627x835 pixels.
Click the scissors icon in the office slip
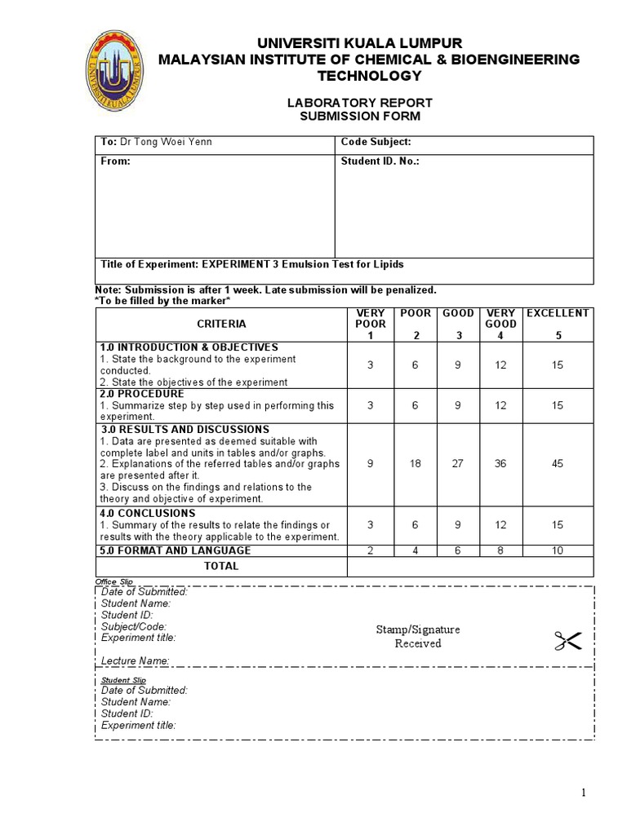point(567,642)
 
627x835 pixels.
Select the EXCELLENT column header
point(557,313)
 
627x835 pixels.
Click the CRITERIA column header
point(220,324)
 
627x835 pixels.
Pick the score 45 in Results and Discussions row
point(557,463)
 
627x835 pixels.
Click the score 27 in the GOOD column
point(457,463)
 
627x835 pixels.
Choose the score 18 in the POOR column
point(414,463)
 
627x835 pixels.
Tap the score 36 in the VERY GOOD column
point(500,463)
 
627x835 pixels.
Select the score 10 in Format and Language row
point(557,550)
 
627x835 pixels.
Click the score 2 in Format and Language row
point(370,550)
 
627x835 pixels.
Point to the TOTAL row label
point(221,566)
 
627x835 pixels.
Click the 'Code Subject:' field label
point(376,142)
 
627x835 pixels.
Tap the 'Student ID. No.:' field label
point(380,161)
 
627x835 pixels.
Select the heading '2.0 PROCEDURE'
point(142,394)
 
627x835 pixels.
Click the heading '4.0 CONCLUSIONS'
point(148,513)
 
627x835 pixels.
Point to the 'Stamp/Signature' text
point(418,630)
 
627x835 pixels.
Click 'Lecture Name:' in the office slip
point(136,660)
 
